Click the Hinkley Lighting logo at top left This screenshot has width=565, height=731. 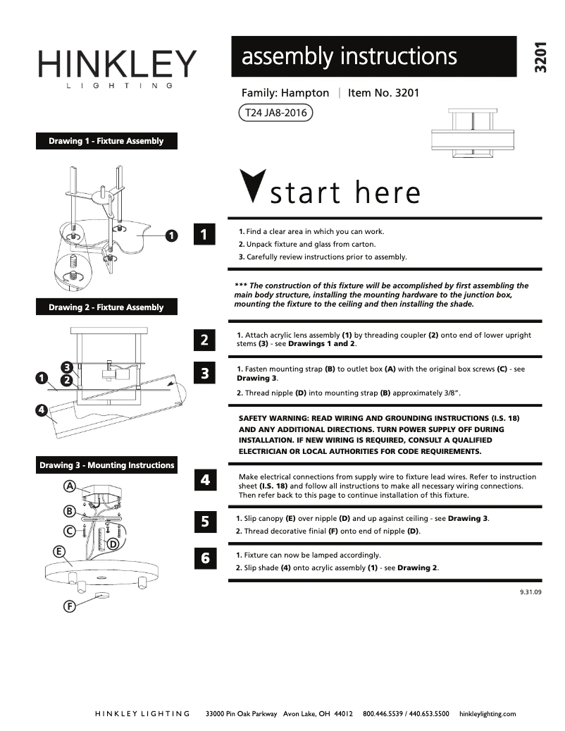[x=117, y=68]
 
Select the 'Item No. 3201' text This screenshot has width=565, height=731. [x=384, y=93]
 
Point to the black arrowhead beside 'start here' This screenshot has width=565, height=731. [x=252, y=186]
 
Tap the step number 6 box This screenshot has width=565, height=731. [x=204, y=558]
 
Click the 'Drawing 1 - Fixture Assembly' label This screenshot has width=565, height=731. [x=106, y=141]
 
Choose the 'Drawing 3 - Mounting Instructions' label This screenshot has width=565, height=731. [x=106, y=465]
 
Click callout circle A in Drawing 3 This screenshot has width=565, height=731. [x=70, y=486]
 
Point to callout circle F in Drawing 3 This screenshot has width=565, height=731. [x=70, y=606]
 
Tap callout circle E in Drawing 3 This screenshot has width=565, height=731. [x=60, y=551]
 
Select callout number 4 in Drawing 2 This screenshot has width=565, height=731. [x=42, y=409]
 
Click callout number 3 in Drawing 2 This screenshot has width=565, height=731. [x=66, y=367]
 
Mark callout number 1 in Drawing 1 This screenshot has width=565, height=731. [x=170, y=235]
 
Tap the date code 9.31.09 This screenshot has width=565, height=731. [x=530, y=592]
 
